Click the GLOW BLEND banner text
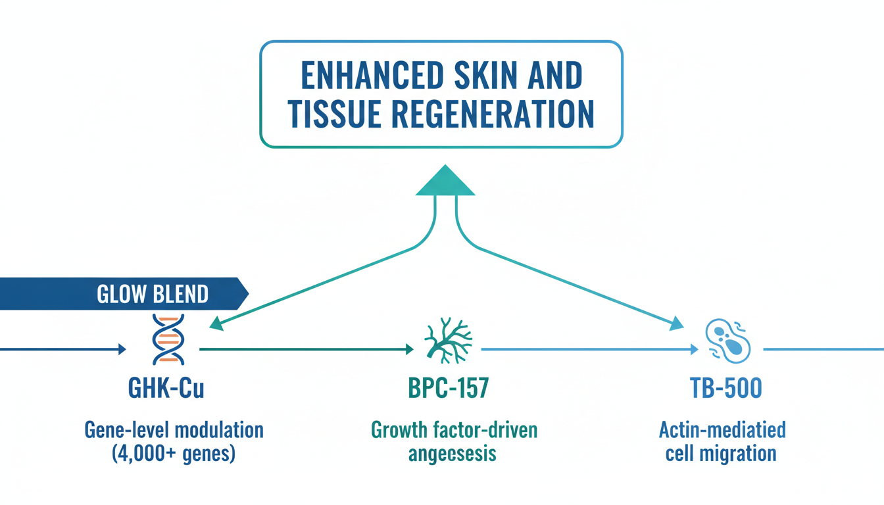[153, 294]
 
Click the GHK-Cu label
[168, 388]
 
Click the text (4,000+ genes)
[174, 454]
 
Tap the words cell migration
[721, 454]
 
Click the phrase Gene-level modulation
[174, 431]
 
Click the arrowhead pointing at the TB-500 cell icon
[675, 324]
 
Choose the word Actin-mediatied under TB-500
[722, 431]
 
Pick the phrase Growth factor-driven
[454, 431]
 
